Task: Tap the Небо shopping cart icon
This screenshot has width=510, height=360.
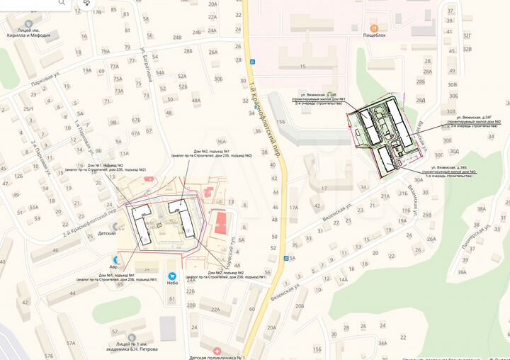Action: click(x=171, y=276)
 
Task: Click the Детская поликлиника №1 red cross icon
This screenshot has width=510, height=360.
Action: click(x=217, y=351)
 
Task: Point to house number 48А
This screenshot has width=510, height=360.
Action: click(x=196, y=101)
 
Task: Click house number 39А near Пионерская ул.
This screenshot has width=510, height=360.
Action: click(x=462, y=272)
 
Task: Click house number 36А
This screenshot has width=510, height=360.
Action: click(x=222, y=142)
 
